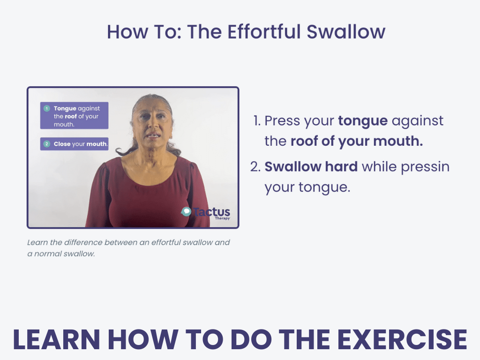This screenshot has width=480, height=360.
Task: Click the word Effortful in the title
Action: coord(264,31)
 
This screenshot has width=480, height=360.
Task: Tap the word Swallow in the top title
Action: coord(346,31)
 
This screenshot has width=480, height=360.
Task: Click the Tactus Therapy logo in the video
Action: coord(206,213)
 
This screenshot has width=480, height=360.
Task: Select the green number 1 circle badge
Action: coord(46,109)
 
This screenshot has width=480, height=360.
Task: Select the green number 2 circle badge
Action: coord(46,144)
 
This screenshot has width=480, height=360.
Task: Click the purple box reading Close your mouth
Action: coord(74,144)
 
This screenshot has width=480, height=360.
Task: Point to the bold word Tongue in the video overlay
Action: coord(65,109)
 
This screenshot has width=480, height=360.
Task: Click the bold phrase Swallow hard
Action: coord(310,167)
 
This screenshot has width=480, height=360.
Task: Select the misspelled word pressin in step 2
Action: coord(426,167)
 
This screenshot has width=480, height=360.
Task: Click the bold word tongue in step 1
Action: coord(362,121)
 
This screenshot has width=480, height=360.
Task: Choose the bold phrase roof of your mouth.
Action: coord(356,141)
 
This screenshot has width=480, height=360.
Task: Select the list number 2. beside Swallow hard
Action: coord(255,167)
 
